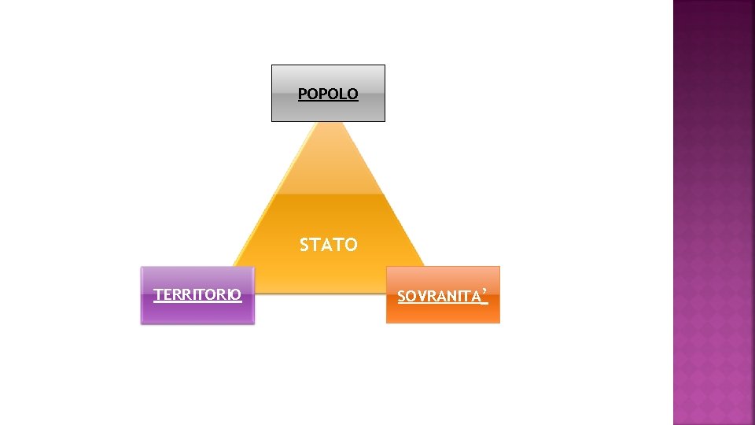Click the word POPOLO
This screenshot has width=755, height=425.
(x=328, y=94)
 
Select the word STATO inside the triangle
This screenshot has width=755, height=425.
(x=328, y=246)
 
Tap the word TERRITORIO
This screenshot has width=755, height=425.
(x=197, y=295)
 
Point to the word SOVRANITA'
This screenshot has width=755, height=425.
(x=442, y=297)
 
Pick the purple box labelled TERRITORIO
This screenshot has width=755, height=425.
(x=197, y=311)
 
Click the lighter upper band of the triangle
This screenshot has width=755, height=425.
(x=328, y=169)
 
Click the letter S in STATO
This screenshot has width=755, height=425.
(x=304, y=246)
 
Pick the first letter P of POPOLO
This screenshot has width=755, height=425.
(x=303, y=94)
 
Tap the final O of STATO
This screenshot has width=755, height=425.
(x=351, y=246)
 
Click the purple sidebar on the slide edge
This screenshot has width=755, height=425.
(x=713, y=213)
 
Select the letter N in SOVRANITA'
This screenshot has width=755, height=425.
(x=452, y=297)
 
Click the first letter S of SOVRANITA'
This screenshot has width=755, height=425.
(x=402, y=297)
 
